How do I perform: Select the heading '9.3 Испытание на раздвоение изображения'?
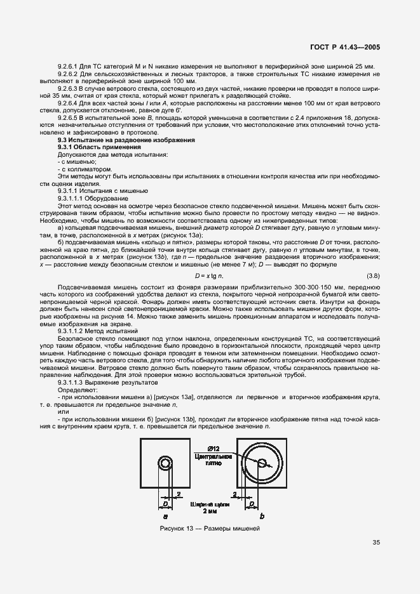point(126,140)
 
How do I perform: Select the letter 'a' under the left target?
point(165,517)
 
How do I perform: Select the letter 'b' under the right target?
point(261,517)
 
